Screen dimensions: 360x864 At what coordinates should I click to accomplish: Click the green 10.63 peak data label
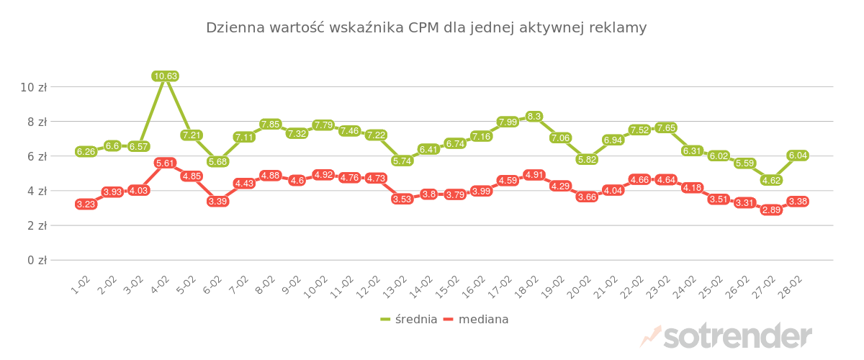pyautogui.click(x=165, y=76)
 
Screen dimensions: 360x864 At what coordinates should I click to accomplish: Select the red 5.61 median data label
pyautogui.click(x=165, y=163)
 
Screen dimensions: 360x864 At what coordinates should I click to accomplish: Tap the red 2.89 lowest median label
pyautogui.click(x=771, y=210)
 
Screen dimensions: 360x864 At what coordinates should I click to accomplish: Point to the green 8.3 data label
pyautogui.click(x=534, y=116)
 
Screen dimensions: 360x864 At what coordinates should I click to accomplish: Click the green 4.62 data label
pyautogui.click(x=771, y=180)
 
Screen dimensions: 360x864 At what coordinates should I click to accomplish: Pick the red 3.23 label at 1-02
pyautogui.click(x=86, y=204)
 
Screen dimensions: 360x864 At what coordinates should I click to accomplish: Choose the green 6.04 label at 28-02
pyautogui.click(x=798, y=155)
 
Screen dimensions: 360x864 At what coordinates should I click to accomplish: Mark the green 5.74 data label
pyautogui.click(x=402, y=161)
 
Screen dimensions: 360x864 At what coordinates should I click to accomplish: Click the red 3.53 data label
pyautogui.click(x=402, y=199)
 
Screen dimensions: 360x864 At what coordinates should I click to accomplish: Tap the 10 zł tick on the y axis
pyautogui.click(x=33, y=87)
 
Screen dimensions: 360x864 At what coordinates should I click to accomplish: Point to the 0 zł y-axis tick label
pyautogui.click(x=36, y=260)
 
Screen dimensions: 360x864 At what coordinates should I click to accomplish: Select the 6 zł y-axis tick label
pyautogui.click(x=36, y=156)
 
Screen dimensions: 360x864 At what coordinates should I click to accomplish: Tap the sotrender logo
pyautogui.click(x=727, y=336)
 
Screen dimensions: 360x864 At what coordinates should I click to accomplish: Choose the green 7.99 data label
pyautogui.click(x=508, y=122)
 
